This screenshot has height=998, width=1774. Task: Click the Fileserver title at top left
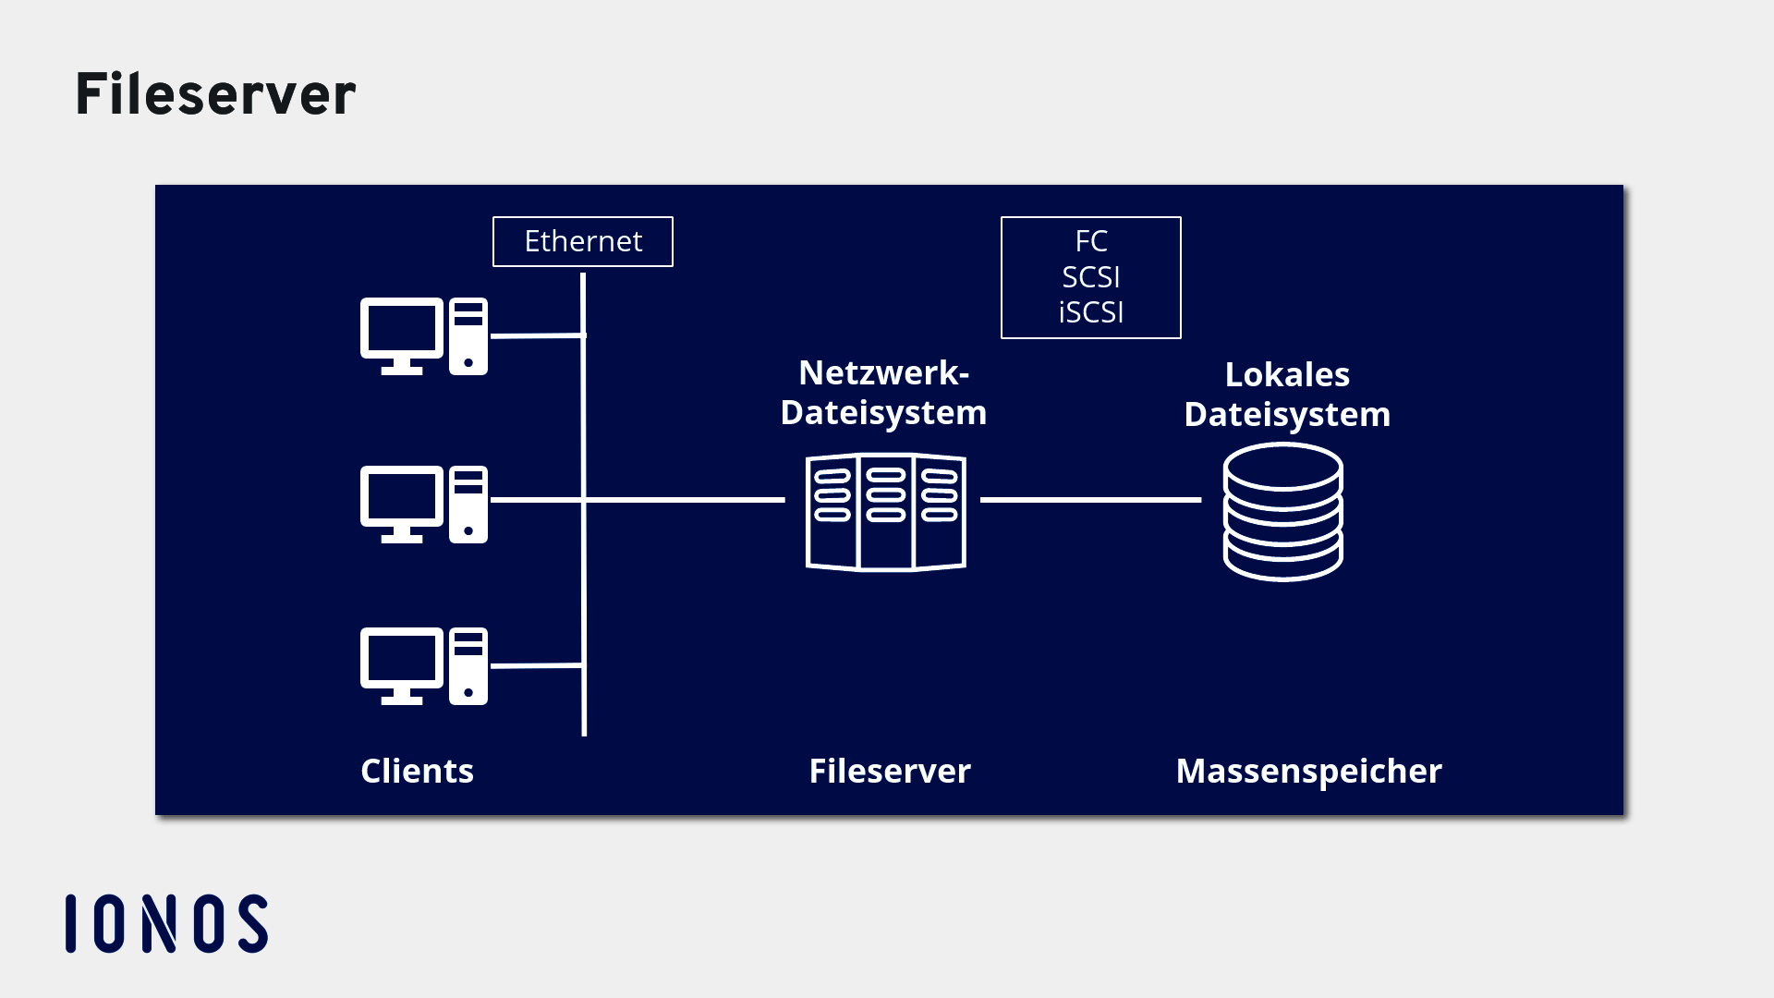coord(215,94)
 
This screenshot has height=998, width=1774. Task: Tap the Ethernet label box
coord(582,241)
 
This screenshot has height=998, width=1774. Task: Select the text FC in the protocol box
coord(1090,241)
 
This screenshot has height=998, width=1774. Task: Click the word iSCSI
coord(1090,312)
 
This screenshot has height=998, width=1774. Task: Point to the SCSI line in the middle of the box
coord(1090,277)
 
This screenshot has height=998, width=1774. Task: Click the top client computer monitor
coord(402,331)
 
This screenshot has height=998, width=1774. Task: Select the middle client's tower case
coord(468,504)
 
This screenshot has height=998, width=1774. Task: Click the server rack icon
coord(885,511)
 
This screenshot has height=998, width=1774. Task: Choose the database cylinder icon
coord(1282,513)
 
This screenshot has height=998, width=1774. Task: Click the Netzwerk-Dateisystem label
coord(883,393)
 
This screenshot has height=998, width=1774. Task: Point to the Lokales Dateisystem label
coord(1286,395)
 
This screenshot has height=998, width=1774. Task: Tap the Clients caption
coord(417,771)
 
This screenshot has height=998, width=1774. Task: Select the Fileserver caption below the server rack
coord(889,771)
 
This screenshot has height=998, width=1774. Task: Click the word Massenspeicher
coord(1308,771)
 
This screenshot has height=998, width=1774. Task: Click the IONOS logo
coord(167,923)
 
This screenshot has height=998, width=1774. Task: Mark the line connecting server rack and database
coord(1090,500)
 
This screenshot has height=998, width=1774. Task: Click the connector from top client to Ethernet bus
coord(536,336)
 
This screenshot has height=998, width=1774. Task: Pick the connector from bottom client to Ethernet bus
coord(536,665)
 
